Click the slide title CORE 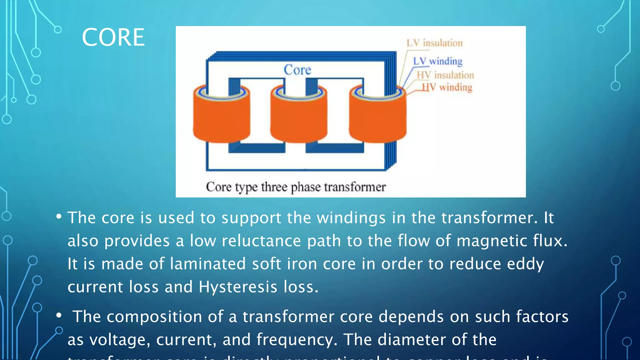[x=113, y=37]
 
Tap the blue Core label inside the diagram [x=297, y=70]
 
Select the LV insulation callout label [x=434, y=43]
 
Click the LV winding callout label [x=437, y=61]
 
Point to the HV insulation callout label [x=445, y=75]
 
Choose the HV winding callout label [x=447, y=87]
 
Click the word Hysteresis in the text [x=238, y=287]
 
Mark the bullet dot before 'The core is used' [x=59, y=217]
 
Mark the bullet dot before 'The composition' [x=59, y=316]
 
